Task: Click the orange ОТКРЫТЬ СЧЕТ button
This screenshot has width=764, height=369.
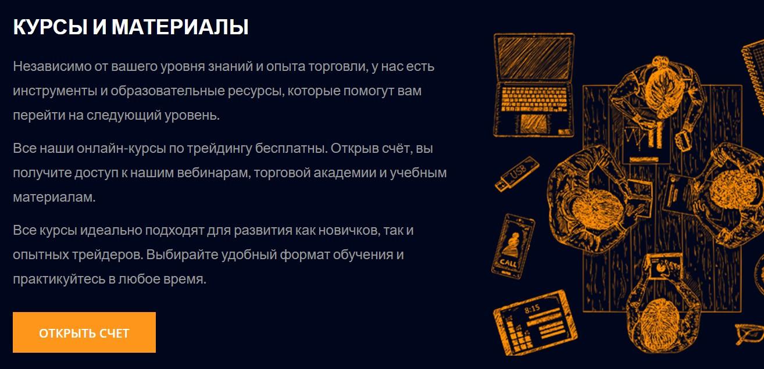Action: tap(84, 332)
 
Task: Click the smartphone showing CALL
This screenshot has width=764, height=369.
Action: tap(512, 247)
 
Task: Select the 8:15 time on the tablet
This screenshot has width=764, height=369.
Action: tap(531, 308)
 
